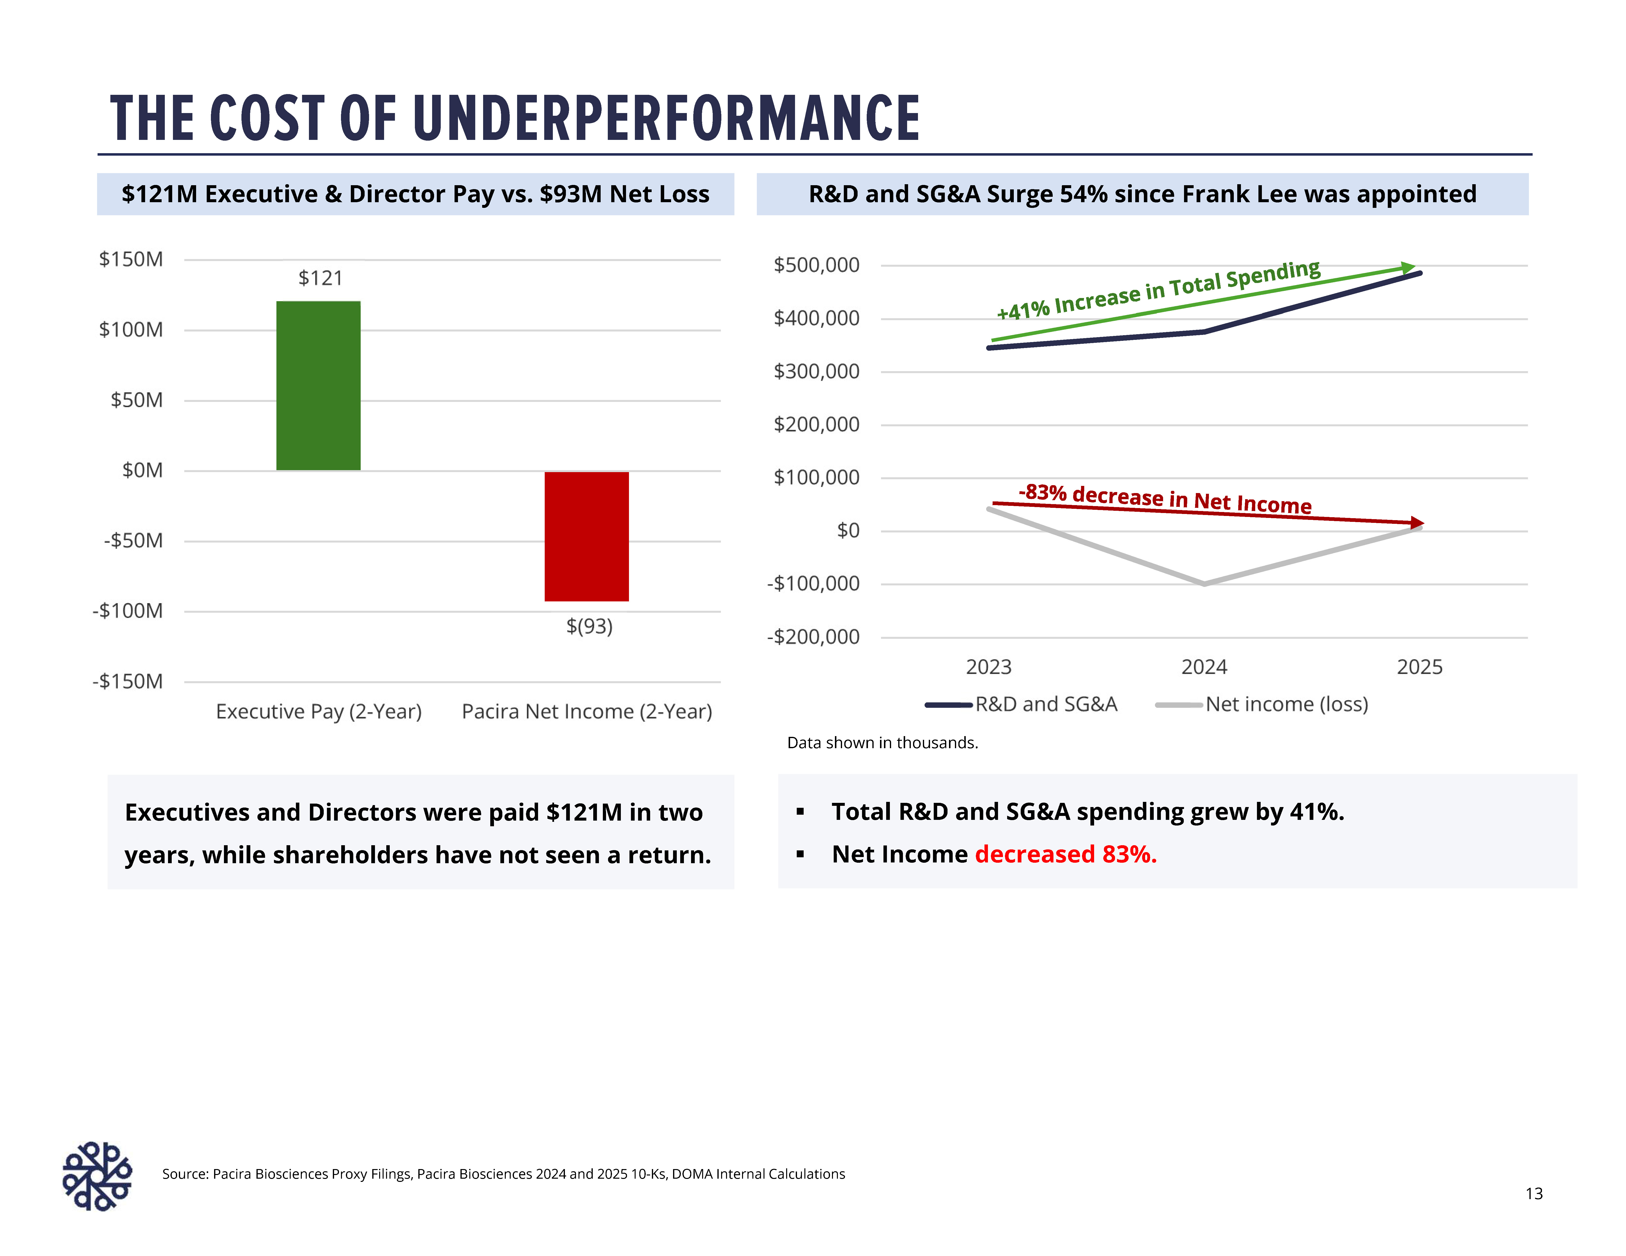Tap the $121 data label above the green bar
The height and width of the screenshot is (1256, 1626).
[x=320, y=278]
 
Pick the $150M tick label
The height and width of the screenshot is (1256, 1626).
[x=131, y=259]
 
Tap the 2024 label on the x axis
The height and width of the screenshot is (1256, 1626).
[x=1204, y=667]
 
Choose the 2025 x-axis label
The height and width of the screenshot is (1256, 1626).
[x=1419, y=667]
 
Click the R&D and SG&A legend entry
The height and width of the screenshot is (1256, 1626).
[x=1021, y=704]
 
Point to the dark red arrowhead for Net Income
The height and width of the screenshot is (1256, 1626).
[x=1417, y=523]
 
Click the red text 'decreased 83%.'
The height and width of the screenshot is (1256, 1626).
[x=1065, y=854]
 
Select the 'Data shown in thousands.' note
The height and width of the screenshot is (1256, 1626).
[x=882, y=743]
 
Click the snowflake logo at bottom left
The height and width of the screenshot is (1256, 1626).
[x=97, y=1176]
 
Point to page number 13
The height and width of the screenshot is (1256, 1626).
[x=1534, y=1193]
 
